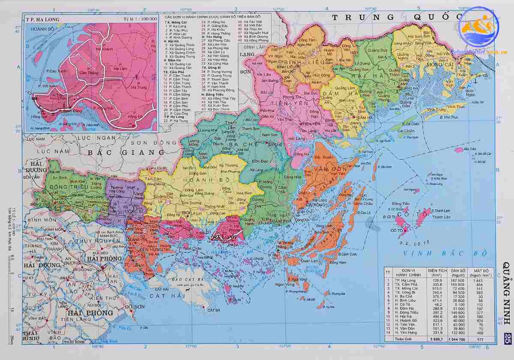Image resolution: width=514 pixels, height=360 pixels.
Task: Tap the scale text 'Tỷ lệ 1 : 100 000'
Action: point(140,19)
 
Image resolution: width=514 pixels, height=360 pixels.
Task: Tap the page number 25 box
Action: point(507,338)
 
